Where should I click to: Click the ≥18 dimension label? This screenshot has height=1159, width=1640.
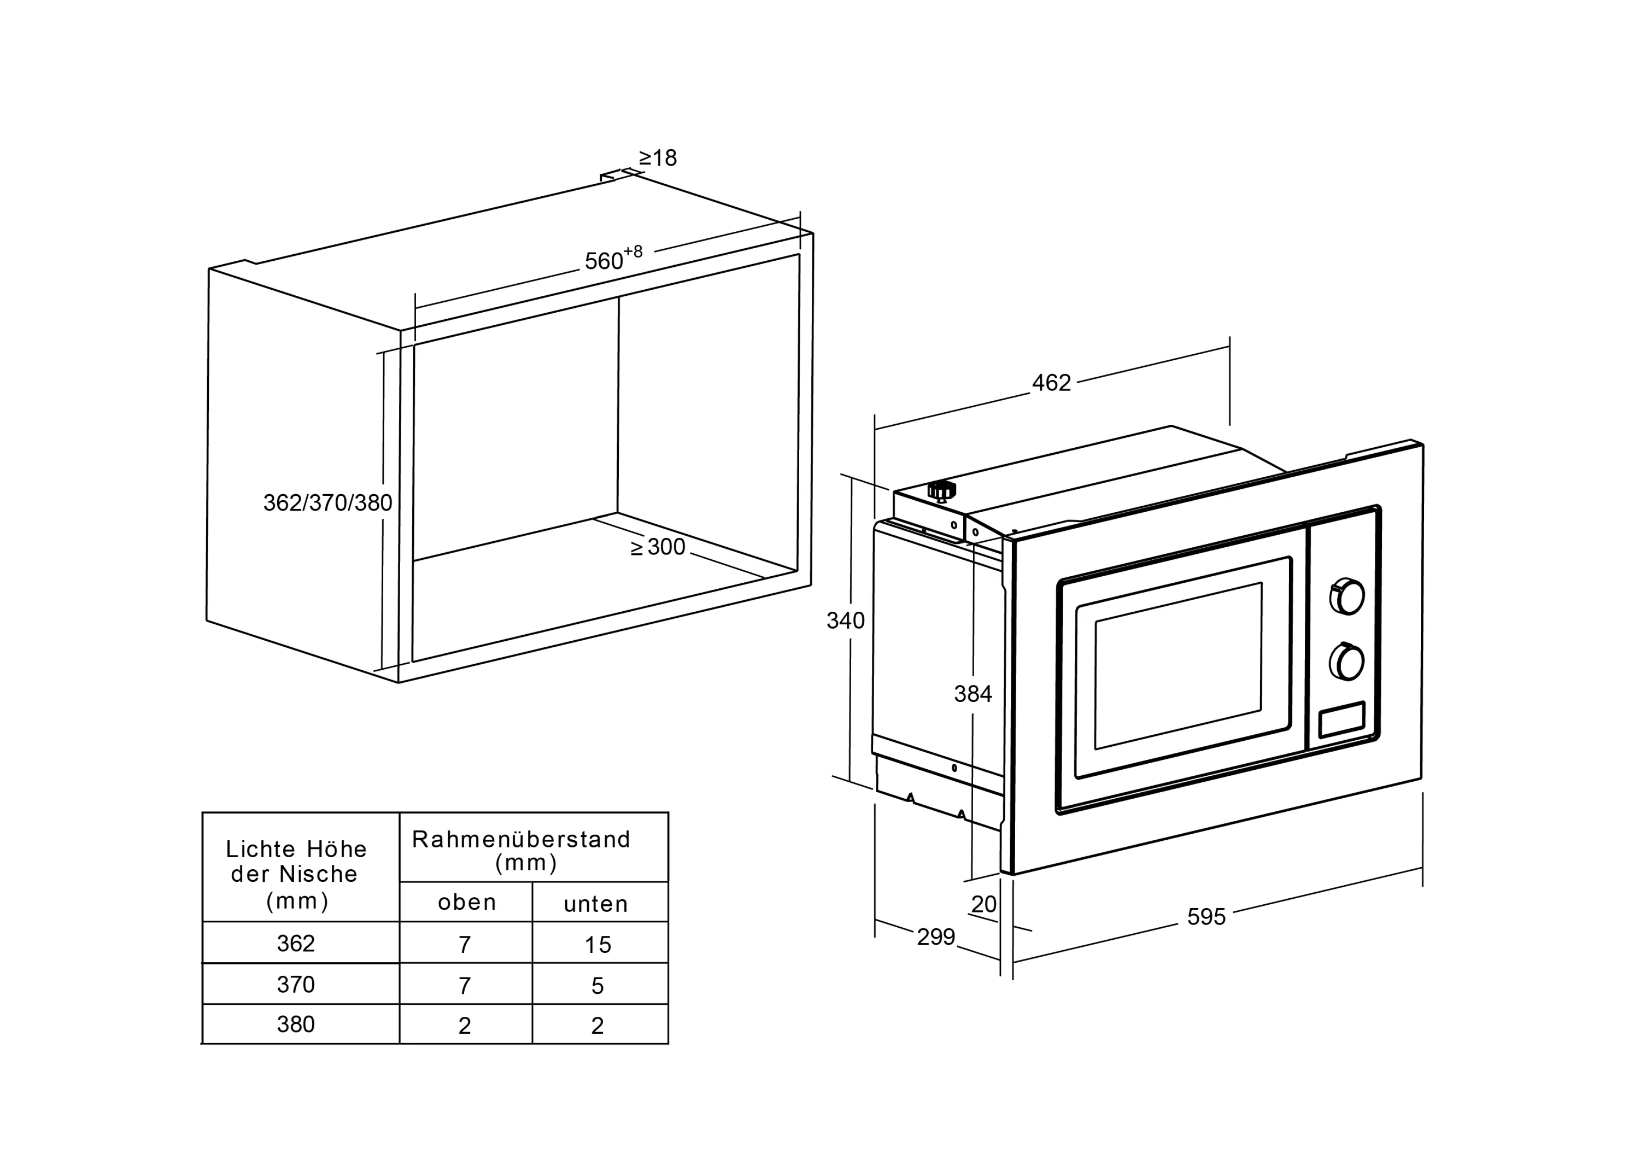(x=657, y=158)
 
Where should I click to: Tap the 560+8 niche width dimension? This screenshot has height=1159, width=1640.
(x=613, y=259)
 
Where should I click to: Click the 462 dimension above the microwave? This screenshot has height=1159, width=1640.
(x=1051, y=383)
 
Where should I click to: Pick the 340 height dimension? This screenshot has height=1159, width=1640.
(x=845, y=621)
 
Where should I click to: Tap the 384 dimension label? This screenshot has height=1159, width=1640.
(x=973, y=693)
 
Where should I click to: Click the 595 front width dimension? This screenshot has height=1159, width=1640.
(x=1206, y=916)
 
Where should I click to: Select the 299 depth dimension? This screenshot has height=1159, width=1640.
(x=936, y=936)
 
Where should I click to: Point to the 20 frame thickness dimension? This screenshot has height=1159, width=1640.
(x=983, y=904)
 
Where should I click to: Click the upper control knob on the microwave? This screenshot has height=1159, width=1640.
(x=1347, y=596)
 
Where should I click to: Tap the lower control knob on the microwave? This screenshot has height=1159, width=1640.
(x=1346, y=662)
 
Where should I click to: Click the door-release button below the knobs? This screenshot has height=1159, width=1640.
(x=1342, y=720)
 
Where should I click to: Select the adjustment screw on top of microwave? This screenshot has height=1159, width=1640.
(x=941, y=490)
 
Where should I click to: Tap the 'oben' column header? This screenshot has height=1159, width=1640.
(x=466, y=903)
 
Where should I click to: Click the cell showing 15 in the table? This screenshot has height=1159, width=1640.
(x=598, y=945)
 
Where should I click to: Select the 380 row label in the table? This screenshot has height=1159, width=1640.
(x=296, y=1025)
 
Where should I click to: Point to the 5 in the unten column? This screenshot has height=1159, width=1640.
(x=598, y=986)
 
